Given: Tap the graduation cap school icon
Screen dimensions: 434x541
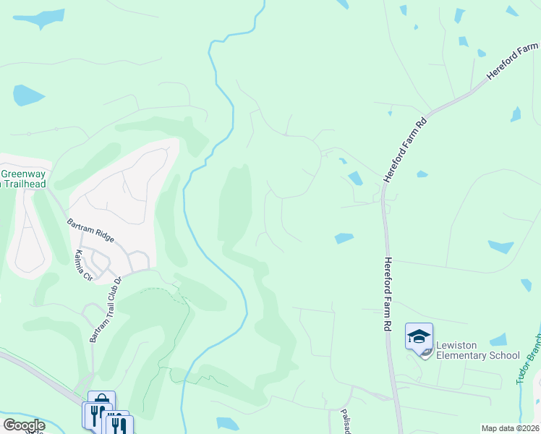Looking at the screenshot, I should pos(419,336).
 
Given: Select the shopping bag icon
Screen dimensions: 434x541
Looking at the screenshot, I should pos(101,401).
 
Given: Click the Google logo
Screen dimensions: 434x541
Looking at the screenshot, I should pos(24,425).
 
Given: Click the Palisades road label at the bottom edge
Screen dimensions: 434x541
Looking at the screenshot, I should pos(345,422).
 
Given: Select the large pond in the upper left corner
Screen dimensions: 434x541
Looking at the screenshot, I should pos(43,18).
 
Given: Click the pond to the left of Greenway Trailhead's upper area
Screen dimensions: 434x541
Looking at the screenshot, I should pos(28,95).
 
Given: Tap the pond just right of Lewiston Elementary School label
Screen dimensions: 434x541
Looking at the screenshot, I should pos(498,339).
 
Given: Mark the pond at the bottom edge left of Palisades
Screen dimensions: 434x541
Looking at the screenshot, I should pos(227,424).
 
